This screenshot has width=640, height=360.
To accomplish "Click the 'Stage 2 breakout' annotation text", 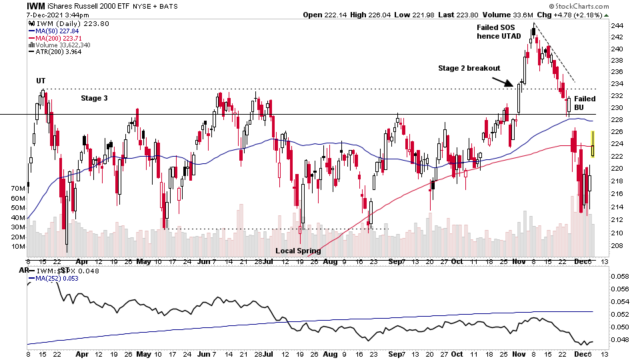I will [x=470, y=68].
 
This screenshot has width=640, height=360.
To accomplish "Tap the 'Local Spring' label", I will [x=298, y=251].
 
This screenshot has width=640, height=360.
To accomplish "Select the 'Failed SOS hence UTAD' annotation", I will [x=499, y=31].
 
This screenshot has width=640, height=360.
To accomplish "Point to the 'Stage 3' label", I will [x=95, y=98].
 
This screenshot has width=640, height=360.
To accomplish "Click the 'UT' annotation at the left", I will [x=41, y=81].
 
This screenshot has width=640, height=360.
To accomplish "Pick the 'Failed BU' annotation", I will [x=585, y=103].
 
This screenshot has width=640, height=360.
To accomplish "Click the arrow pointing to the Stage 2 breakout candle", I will [x=503, y=82].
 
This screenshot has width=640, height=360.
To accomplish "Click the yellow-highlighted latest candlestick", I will [x=593, y=144].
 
